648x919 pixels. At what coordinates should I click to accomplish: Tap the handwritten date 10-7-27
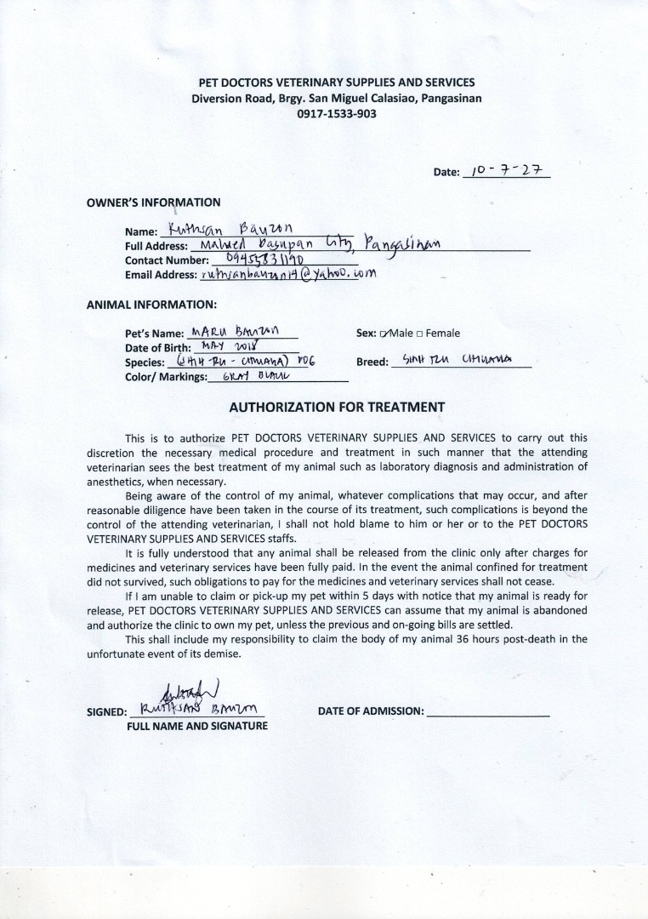[x=505, y=170]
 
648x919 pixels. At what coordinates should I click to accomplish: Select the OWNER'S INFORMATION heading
[x=154, y=203]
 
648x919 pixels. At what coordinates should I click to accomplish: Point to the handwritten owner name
[x=231, y=229]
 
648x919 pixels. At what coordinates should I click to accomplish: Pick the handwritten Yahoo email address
[x=287, y=274]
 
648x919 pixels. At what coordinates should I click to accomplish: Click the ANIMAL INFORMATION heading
[x=151, y=304]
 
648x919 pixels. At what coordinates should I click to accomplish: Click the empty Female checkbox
[x=420, y=334]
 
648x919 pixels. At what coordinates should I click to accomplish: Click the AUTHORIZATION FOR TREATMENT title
[x=337, y=408]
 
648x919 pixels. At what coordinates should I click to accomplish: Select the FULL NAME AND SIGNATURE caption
[x=197, y=726]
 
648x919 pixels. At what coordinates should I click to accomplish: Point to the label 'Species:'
[x=145, y=362]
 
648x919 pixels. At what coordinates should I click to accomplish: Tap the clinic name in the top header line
[x=336, y=83]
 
